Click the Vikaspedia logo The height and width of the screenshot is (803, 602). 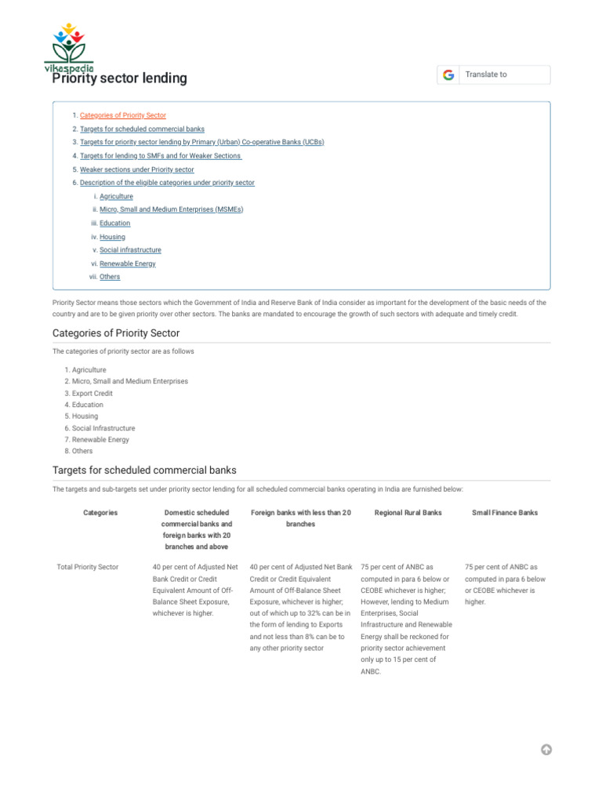tap(69, 48)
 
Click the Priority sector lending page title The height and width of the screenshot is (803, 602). tap(120, 78)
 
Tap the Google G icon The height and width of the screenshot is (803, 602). tap(448, 74)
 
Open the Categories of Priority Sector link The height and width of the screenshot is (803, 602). tap(122, 115)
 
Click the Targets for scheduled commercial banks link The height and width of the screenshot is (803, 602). tap(142, 129)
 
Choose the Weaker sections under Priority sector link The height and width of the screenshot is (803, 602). tap(136, 169)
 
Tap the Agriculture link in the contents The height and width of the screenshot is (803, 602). tap(116, 196)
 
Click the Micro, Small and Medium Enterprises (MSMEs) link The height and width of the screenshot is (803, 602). tap(171, 209)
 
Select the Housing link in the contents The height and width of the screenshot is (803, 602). tap(112, 237)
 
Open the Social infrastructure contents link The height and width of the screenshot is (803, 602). tap(130, 250)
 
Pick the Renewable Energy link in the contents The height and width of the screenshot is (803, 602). tap(127, 263)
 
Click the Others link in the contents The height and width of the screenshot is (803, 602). tap(110, 277)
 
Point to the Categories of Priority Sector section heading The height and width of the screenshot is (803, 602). tap(116, 333)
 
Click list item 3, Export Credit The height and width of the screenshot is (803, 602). tap(92, 393)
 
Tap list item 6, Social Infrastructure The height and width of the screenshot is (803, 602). tap(103, 428)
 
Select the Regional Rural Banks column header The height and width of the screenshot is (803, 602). tap(408, 513)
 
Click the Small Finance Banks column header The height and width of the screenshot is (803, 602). tap(505, 513)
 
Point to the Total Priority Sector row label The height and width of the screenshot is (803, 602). tap(88, 566)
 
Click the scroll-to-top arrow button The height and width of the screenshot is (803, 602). tap(546, 749)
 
